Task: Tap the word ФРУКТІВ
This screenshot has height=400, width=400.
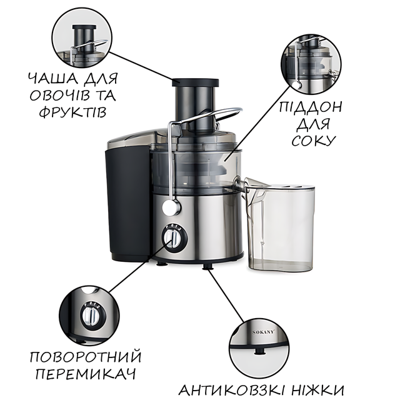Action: [x=72, y=112]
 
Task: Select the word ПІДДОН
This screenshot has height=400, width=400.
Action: [x=310, y=107]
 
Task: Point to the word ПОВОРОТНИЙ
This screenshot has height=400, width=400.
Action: [x=86, y=357]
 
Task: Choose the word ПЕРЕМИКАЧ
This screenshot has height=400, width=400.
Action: [x=86, y=374]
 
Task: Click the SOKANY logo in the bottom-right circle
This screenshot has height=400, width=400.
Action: [x=264, y=332]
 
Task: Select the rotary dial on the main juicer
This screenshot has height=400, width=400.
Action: [x=174, y=238]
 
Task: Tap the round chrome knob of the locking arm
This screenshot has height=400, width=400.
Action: [x=171, y=207]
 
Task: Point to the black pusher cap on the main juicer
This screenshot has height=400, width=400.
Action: [x=195, y=82]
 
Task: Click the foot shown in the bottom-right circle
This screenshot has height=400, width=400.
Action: [x=259, y=351]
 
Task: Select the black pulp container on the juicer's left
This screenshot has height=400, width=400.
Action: [x=127, y=204]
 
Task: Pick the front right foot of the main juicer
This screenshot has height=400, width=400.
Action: [x=207, y=266]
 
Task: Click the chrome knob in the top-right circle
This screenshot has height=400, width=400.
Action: [x=297, y=85]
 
